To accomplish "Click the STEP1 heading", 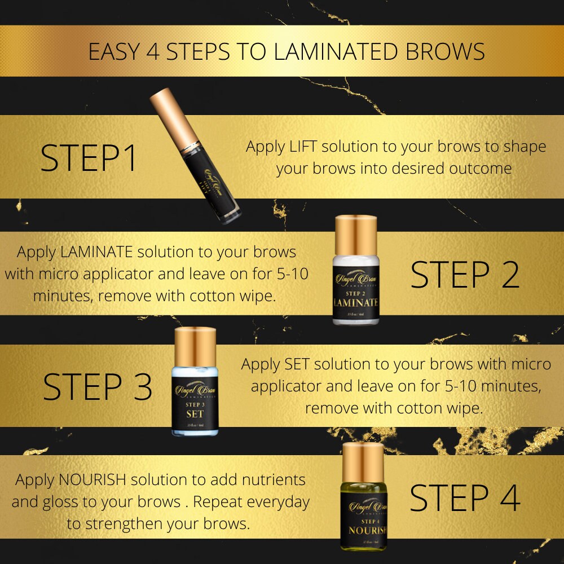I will pyautogui.click(x=89, y=159).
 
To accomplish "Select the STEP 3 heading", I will pyautogui.click(x=98, y=387).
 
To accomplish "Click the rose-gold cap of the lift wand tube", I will pyautogui.click(x=168, y=116).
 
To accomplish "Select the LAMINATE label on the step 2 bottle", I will pyautogui.click(x=355, y=302).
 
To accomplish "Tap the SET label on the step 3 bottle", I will pyautogui.click(x=195, y=413).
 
